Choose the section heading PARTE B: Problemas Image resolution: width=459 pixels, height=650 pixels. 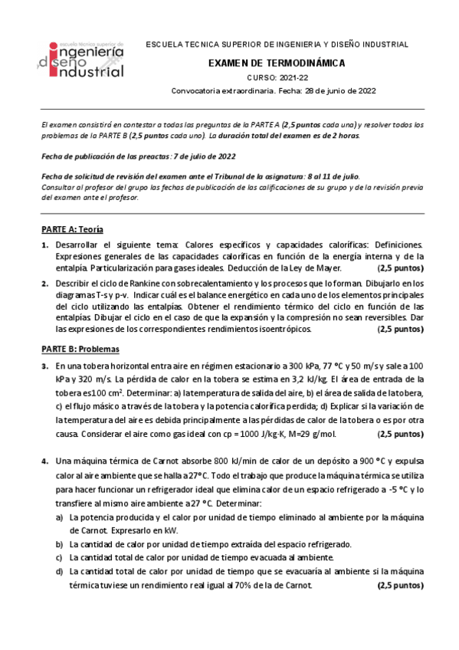[79, 347]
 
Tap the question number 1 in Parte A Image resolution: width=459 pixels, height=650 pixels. [44, 244]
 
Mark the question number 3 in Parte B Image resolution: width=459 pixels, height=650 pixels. [44, 366]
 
